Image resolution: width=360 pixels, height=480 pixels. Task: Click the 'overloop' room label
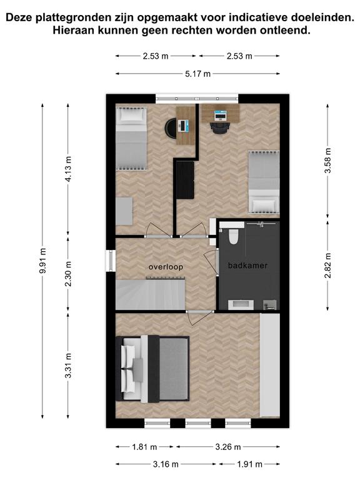point(166,267)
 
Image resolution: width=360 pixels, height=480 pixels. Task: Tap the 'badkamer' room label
point(247,266)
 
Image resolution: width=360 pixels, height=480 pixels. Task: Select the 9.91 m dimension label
point(43,261)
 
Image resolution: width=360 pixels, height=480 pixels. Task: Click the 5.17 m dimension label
point(197,74)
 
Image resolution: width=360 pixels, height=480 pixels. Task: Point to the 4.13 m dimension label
point(68,169)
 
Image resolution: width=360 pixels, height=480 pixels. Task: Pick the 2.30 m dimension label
point(68,274)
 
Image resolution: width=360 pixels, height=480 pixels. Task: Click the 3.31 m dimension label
point(68,366)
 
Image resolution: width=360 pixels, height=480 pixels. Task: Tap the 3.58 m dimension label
point(328,161)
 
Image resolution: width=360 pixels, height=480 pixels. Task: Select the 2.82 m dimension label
point(328,266)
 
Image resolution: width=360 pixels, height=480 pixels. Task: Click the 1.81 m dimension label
point(144,447)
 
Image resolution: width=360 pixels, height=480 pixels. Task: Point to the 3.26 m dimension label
point(227,447)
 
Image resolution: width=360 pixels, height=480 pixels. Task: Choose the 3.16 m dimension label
point(166,464)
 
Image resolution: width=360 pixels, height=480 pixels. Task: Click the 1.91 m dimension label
point(249,464)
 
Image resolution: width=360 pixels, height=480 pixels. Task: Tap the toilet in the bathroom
point(234,236)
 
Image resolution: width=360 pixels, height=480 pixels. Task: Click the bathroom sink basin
point(241,305)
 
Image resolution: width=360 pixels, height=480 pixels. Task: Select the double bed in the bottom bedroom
point(152,368)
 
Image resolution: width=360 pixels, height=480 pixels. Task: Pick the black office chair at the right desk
point(219,128)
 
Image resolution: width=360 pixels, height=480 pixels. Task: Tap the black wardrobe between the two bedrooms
point(185,180)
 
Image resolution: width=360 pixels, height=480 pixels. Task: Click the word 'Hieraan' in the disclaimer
point(70,31)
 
